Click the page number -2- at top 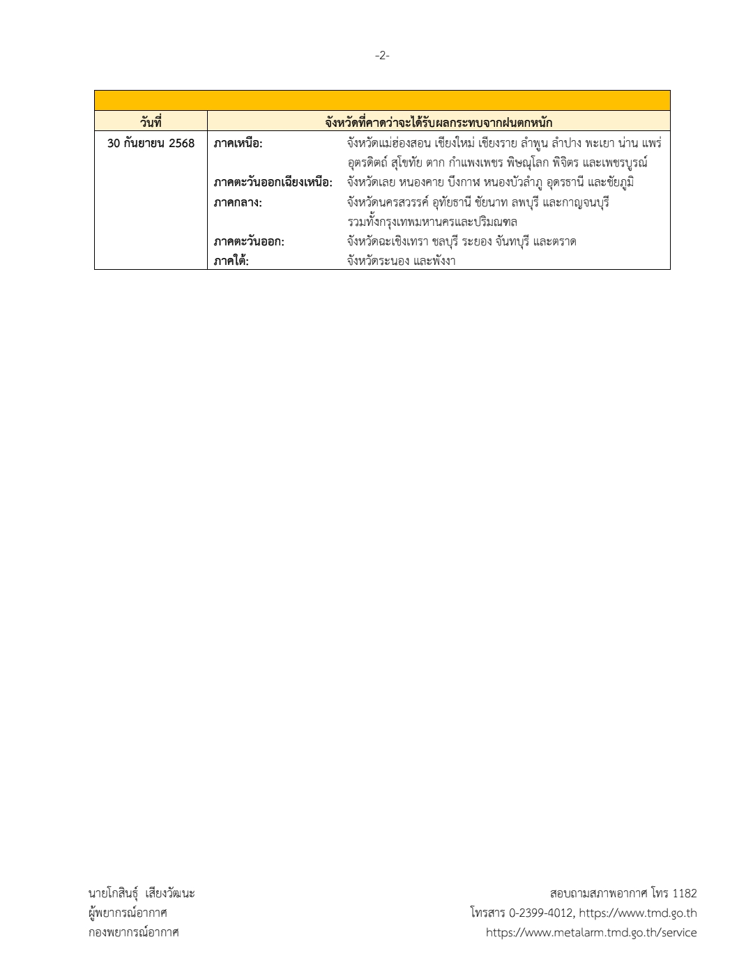(x=382, y=56)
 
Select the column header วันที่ (x=151, y=123)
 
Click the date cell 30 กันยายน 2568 (x=151, y=144)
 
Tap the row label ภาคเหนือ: (x=238, y=144)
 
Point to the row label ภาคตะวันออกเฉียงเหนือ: (x=273, y=183)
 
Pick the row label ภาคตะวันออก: (x=249, y=242)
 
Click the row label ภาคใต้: (x=231, y=261)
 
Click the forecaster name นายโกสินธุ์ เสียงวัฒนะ (x=142, y=893)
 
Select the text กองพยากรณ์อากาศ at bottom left (x=133, y=932)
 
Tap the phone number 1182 (x=685, y=893)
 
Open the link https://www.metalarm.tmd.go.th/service (x=591, y=932)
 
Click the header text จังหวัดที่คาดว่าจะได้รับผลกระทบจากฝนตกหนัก (x=439, y=123)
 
